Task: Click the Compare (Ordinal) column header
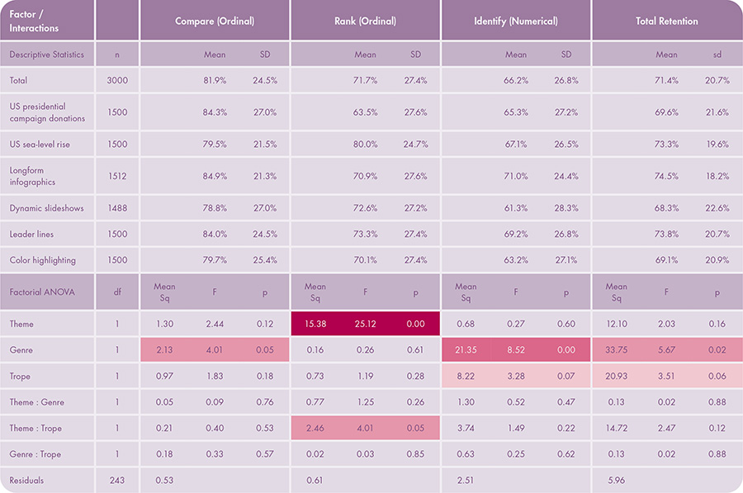coord(215,21)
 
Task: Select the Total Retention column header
coord(666,21)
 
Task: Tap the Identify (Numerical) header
coord(516,21)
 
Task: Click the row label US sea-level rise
coord(40,144)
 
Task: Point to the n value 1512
coord(117,176)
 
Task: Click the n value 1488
coord(117,208)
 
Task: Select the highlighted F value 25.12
coord(365,325)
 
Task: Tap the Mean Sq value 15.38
coord(315,325)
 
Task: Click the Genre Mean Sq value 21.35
coord(466,350)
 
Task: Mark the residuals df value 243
coord(117,480)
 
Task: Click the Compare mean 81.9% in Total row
coord(215,80)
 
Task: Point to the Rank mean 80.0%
coord(365,144)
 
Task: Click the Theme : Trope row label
coord(35,428)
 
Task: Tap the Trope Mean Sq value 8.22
coord(466,377)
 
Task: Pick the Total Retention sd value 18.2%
coord(717,176)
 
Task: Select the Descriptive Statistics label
coord(47,55)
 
